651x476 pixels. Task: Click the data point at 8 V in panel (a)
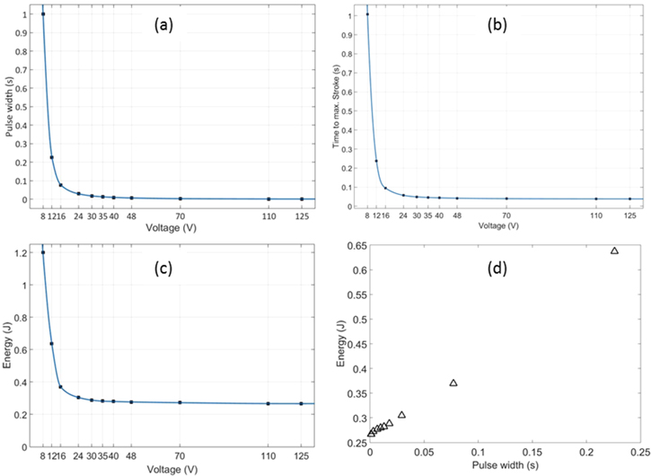click(43, 14)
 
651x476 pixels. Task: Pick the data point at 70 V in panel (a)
click(180, 198)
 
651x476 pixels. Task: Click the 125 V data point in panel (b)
click(629, 198)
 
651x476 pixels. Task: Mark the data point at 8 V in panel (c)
click(43, 252)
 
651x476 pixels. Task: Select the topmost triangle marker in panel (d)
click(614, 251)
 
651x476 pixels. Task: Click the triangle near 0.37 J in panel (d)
click(453, 383)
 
